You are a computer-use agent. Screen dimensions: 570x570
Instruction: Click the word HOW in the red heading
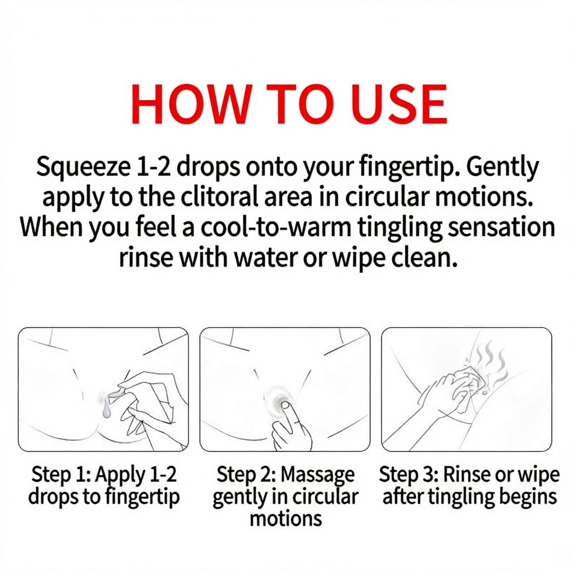point(184,104)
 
